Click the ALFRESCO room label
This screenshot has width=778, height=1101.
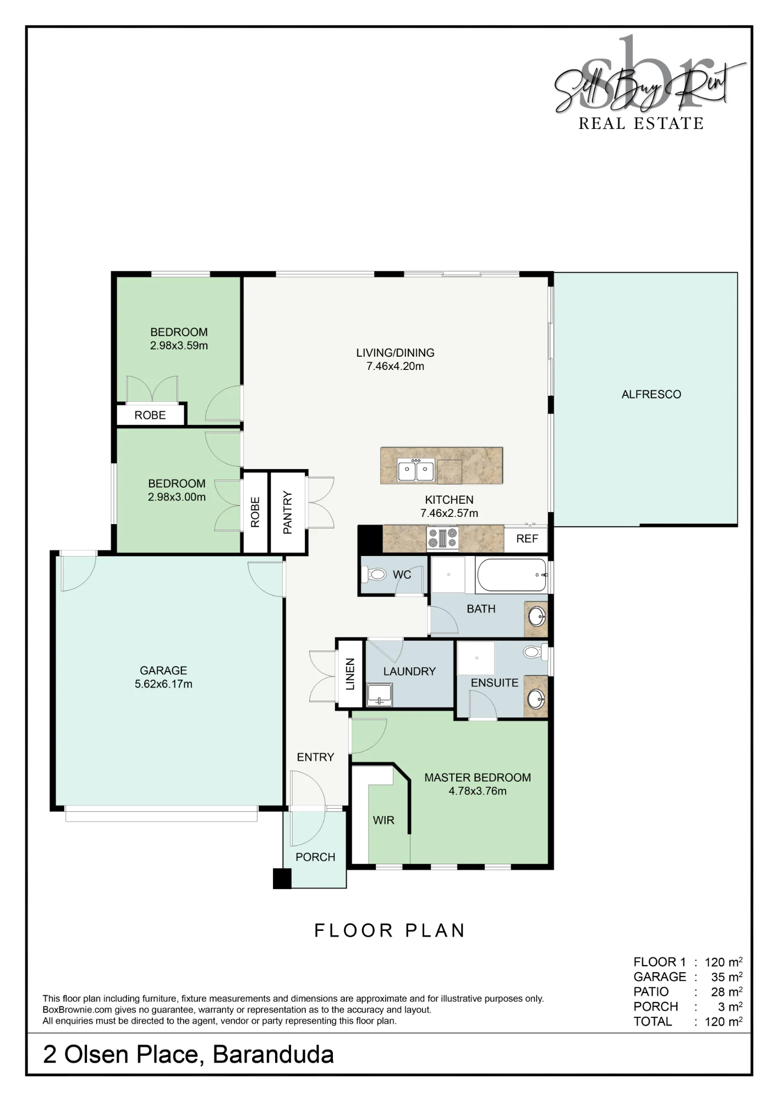pyautogui.click(x=651, y=394)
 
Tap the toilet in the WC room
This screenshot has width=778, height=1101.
pyautogui.click(x=376, y=575)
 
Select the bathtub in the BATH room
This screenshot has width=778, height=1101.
pyautogui.click(x=511, y=575)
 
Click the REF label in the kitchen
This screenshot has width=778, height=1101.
pyautogui.click(x=527, y=539)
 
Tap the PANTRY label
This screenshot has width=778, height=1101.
pyautogui.click(x=287, y=513)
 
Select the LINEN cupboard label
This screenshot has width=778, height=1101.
pyautogui.click(x=350, y=674)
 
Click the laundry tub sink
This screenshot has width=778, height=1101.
pyautogui.click(x=379, y=695)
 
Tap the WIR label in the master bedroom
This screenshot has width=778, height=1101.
pyautogui.click(x=383, y=820)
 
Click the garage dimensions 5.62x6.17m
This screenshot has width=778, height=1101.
pyautogui.click(x=163, y=684)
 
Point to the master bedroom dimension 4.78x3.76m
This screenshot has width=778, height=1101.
pyautogui.click(x=478, y=791)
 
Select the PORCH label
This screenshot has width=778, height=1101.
pyautogui.click(x=315, y=857)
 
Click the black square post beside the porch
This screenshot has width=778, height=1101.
pyautogui.click(x=282, y=878)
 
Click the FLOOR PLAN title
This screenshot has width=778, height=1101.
pyautogui.click(x=390, y=930)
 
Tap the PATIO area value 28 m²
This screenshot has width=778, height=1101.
pyautogui.click(x=727, y=991)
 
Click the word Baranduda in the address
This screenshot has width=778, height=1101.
pyautogui.click(x=273, y=1055)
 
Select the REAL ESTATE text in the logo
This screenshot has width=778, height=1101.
pyautogui.click(x=641, y=123)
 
